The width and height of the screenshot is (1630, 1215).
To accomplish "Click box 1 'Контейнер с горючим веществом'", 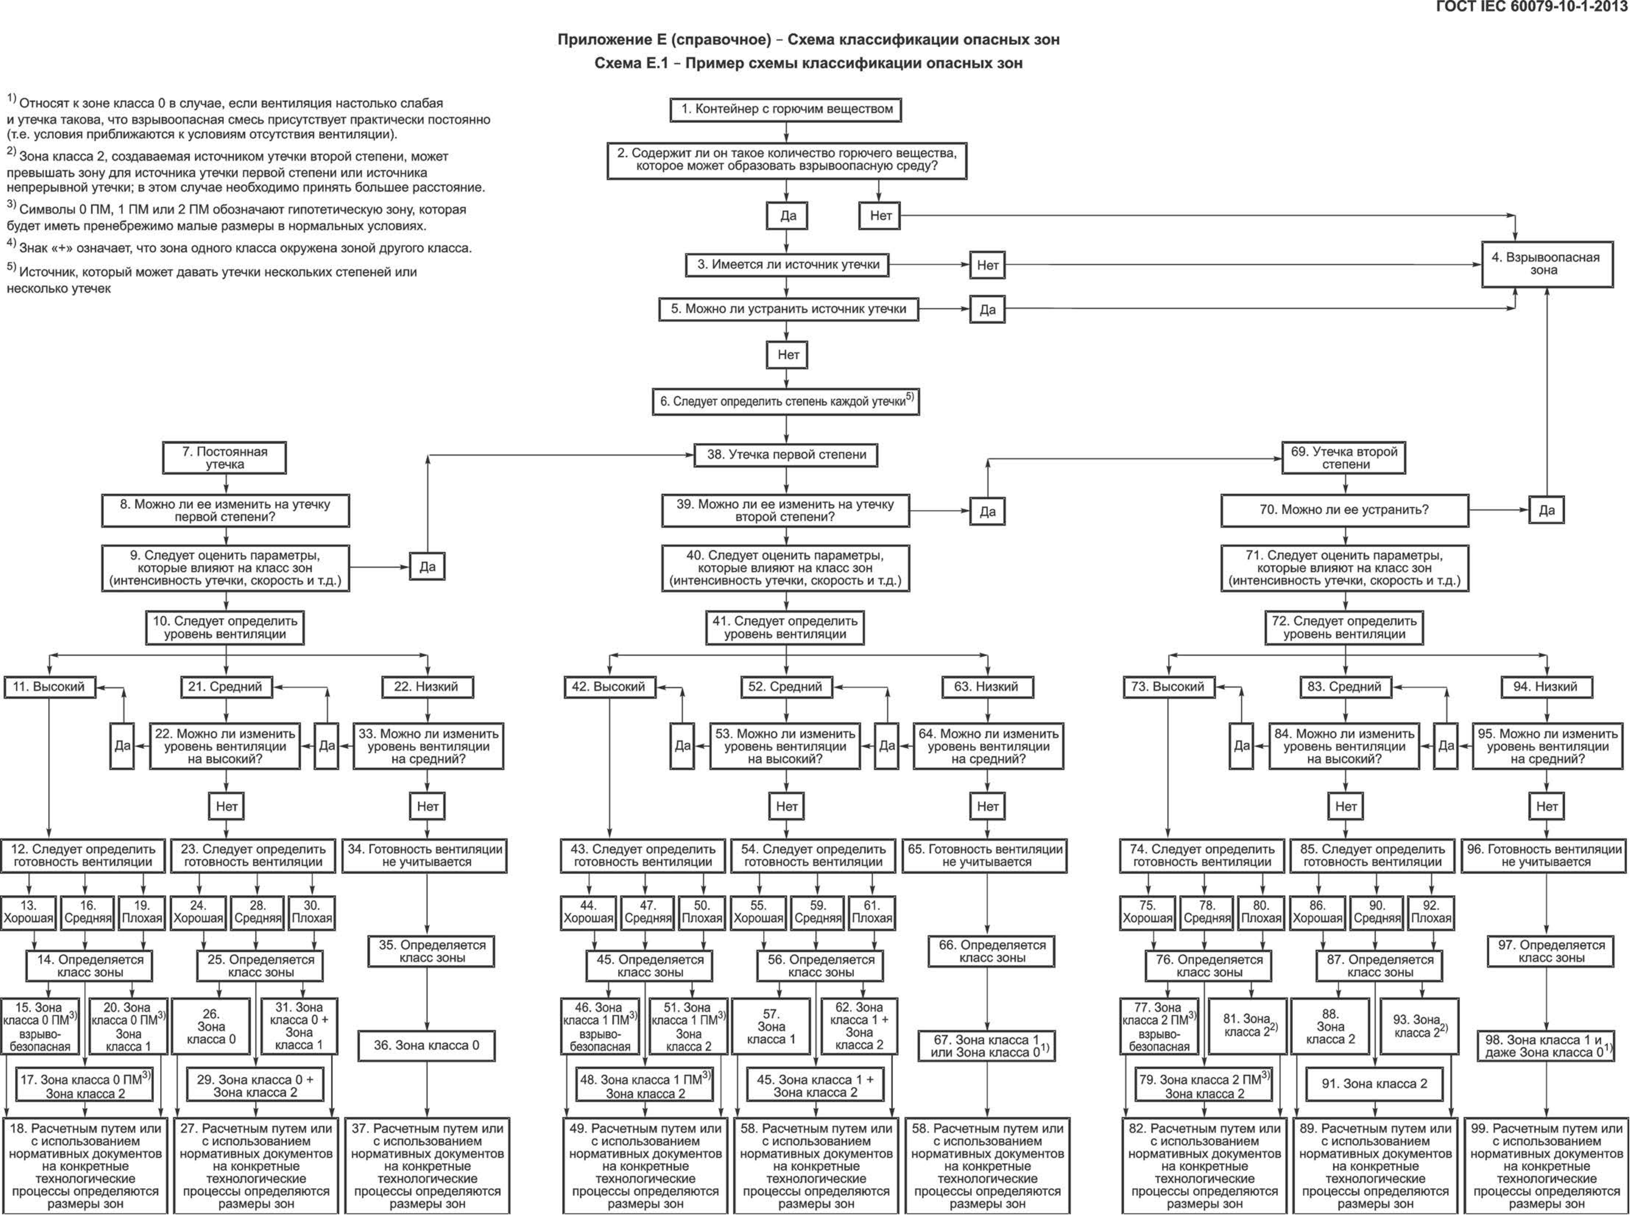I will [786, 110].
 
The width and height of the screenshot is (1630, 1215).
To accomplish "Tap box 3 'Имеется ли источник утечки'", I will [787, 265].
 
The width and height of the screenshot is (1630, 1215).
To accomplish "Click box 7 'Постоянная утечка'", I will [224, 457].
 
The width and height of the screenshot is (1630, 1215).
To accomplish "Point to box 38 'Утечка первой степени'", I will [786, 455].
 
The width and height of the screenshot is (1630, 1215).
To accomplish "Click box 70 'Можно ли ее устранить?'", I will [1344, 510].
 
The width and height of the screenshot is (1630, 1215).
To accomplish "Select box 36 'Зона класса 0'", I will [426, 1045].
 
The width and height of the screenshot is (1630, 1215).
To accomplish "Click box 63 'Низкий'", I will [987, 687].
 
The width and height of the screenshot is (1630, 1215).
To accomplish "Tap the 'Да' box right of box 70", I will [1546, 510].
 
